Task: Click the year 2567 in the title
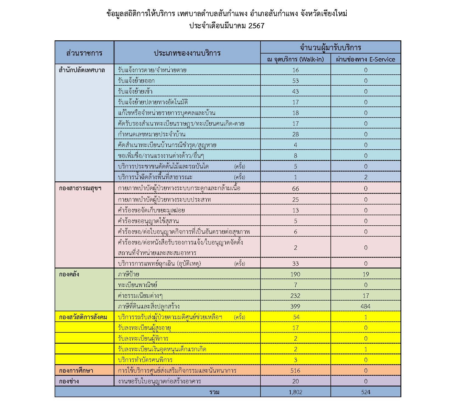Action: pos(256,26)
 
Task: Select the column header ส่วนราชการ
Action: pos(84,53)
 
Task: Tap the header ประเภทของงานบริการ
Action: pos(187,53)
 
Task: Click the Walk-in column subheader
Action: pos(295,59)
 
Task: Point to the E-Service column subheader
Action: pos(365,59)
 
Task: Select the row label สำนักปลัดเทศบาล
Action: pos(82,70)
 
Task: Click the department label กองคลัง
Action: pos(69,274)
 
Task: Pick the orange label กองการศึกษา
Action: pos(76,371)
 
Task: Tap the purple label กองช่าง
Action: pos(69,381)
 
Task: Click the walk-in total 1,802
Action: pos(295,392)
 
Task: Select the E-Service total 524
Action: pos(366,392)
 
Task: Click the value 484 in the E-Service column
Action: pos(366,306)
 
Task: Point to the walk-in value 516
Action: pos(295,371)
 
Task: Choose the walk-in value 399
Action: pos(295,306)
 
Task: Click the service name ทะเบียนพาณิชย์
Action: pos(138,285)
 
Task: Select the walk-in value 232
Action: pos(295,296)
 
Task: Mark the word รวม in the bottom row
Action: pos(214,392)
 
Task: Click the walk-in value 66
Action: pos(295,188)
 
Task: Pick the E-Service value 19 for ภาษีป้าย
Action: pos(366,274)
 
